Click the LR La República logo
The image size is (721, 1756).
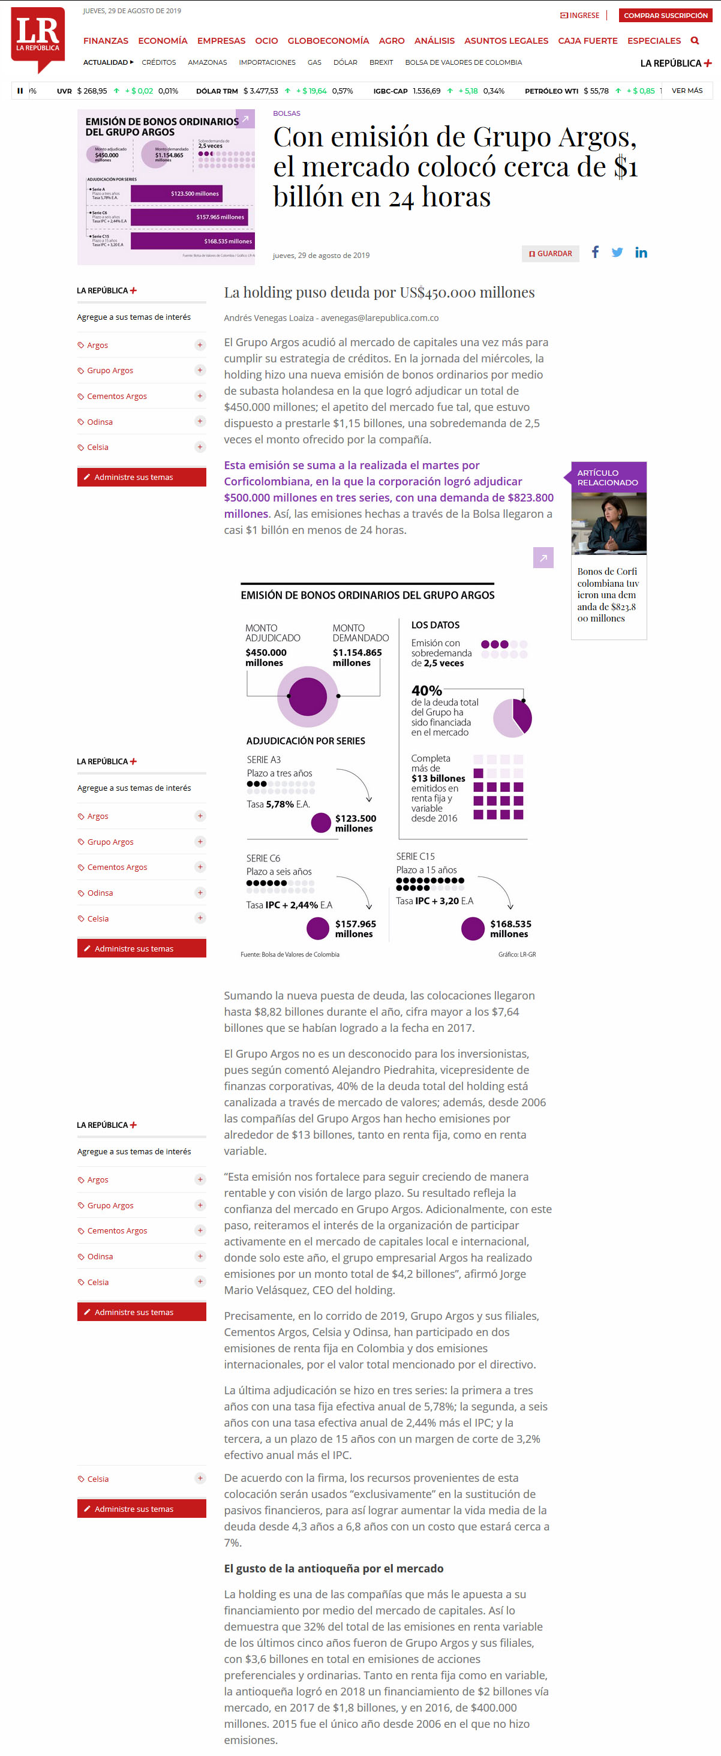point(38,37)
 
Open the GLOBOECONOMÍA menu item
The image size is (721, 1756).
point(328,41)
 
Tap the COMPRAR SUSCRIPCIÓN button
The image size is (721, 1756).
point(665,16)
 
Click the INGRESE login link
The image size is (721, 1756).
point(580,16)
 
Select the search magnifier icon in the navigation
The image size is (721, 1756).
point(695,41)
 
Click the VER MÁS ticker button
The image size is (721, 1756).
point(686,91)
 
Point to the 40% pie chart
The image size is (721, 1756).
point(512,718)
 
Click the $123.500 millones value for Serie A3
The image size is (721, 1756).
point(355,824)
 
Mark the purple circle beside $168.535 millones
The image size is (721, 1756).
point(472,929)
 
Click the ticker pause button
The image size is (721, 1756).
point(20,91)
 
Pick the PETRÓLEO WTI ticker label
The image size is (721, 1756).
point(551,91)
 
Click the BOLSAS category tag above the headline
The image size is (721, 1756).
point(286,114)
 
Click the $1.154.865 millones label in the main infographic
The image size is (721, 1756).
point(357,657)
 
